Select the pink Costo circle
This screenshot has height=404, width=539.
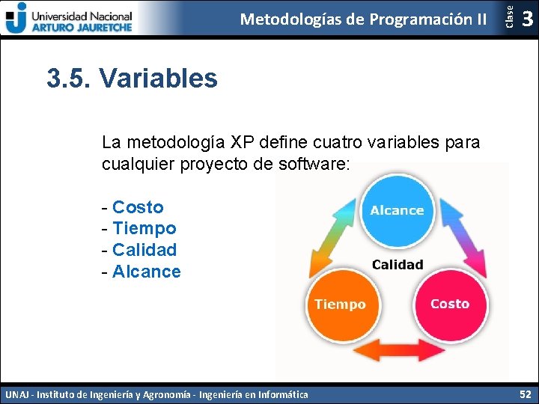[x=450, y=304]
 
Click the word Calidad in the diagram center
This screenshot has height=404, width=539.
[x=397, y=264]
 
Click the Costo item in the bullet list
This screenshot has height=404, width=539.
[x=137, y=207]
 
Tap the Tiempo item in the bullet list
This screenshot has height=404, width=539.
[x=144, y=228]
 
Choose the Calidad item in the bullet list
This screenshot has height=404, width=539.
[x=144, y=250]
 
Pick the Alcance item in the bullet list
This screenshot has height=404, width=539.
[x=146, y=272]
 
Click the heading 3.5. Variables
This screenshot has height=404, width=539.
[x=132, y=78]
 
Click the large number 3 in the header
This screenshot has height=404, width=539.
[x=527, y=18]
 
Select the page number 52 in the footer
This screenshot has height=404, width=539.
[x=524, y=394]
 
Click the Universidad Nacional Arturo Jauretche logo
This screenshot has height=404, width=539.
[x=69, y=18]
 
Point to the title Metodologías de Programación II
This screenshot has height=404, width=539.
[x=363, y=19]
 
